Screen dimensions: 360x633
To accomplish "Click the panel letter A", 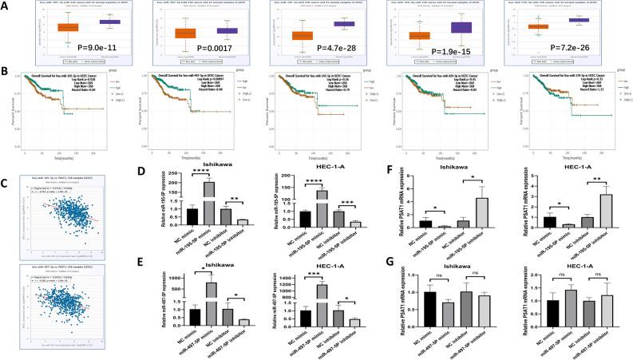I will point(7,6).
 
